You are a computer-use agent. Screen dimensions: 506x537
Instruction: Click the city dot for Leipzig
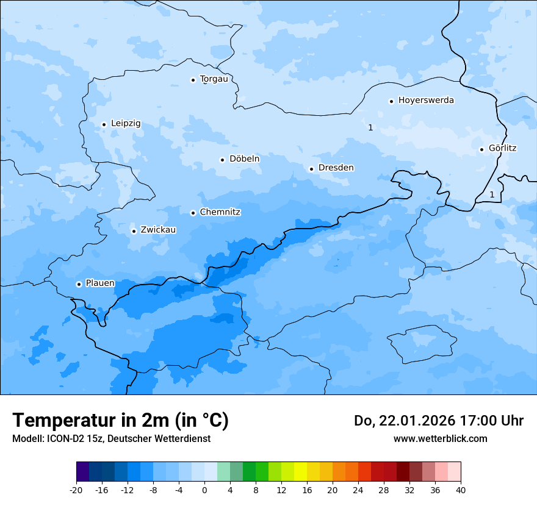104,124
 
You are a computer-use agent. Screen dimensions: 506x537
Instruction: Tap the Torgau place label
218,79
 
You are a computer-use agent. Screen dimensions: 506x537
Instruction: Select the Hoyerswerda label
426,101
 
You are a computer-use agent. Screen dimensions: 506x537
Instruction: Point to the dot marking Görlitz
481,149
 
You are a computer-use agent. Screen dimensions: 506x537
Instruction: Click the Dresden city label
336,168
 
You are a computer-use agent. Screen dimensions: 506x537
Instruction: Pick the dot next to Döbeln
222,160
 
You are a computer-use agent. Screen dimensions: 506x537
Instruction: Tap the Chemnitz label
220,213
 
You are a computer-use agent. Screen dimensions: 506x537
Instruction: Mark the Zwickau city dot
134,231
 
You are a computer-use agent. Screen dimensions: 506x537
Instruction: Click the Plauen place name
100,283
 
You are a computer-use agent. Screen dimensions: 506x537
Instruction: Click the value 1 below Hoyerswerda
370,127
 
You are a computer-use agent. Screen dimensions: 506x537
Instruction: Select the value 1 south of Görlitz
492,194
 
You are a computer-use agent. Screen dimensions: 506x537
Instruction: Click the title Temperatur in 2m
120,420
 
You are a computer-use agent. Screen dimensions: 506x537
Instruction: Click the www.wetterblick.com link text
440,439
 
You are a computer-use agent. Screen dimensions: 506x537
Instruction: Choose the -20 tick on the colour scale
76,490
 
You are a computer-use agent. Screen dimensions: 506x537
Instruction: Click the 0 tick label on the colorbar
204,490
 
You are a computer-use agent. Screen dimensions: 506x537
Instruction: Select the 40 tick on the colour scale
460,490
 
